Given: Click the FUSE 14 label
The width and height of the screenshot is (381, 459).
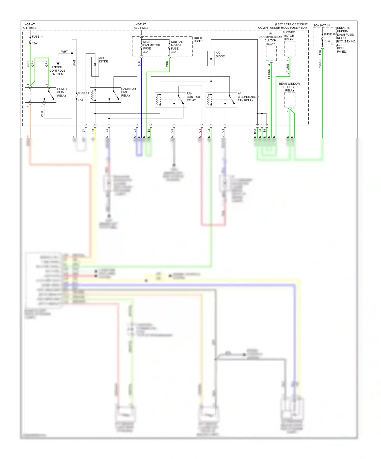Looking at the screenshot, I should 37,37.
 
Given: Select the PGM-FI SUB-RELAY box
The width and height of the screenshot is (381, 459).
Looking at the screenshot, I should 40,95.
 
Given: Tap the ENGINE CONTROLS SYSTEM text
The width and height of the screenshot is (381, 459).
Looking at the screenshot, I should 57,71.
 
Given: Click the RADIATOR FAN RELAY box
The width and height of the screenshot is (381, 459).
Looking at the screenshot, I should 105,95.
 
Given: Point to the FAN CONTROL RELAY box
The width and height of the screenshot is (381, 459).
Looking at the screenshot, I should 170,99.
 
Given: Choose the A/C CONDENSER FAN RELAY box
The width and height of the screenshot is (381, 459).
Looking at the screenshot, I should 221,99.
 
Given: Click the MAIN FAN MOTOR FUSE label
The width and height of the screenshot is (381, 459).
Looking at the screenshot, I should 151,47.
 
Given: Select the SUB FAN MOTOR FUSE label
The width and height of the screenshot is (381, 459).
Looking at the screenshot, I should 177,47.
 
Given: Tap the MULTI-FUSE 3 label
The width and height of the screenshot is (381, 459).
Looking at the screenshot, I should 198,39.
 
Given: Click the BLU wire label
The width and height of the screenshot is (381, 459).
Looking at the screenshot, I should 139,64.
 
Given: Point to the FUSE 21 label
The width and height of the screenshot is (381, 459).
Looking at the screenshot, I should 83,93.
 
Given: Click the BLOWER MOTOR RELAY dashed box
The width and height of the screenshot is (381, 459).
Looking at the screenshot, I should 290,49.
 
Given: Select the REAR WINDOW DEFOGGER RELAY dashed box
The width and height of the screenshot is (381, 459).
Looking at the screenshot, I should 290,100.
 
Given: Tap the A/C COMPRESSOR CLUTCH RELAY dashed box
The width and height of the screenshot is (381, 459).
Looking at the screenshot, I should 271,53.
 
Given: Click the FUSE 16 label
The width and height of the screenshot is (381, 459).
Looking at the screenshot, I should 330,34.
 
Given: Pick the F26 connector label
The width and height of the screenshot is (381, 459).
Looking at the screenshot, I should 320,53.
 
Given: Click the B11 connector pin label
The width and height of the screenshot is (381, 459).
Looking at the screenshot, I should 93,131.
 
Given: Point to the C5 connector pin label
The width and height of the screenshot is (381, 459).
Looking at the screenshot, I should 172,131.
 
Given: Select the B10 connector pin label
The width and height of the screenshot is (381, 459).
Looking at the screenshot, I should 255,131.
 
